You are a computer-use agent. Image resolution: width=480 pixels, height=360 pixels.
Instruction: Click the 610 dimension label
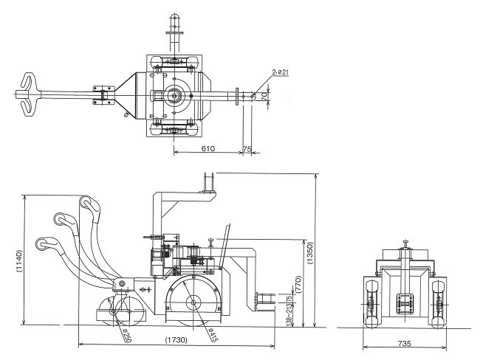pyautogui.click(x=208, y=149)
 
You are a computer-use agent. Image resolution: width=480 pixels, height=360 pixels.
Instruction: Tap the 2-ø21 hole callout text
pyautogui.click(x=281, y=72)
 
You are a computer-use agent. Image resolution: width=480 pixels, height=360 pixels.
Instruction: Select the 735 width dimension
pyautogui.click(x=405, y=344)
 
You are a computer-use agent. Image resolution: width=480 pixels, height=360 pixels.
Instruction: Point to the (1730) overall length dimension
pyautogui.click(x=176, y=340)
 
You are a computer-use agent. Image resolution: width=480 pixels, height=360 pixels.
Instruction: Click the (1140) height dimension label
pyautogui.click(x=18, y=260)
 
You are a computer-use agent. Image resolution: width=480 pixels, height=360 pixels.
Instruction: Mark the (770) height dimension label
pyautogui.click(x=299, y=285)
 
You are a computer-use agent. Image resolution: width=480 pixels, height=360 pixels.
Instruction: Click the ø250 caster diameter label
pyautogui.click(x=126, y=336)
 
